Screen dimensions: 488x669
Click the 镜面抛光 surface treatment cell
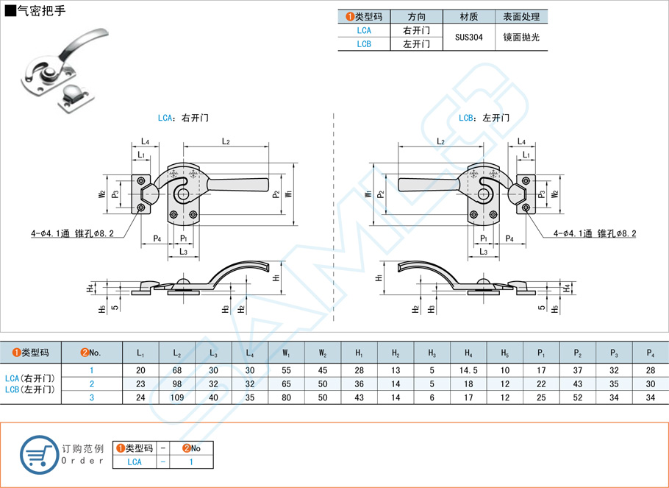pyautogui.click(x=521, y=37)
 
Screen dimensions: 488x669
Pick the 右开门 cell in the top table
pyautogui.click(x=416, y=30)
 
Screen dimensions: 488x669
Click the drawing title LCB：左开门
pyautogui.click(x=484, y=118)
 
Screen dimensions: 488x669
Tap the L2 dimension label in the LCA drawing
pyautogui.click(x=226, y=141)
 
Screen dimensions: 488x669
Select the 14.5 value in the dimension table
pyautogui.click(x=468, y=370)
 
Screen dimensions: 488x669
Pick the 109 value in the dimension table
pyautogui.click(x=177, y=397)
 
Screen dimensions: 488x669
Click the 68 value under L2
pyautogui.click(x=177, y=370)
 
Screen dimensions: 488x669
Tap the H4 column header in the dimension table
pyautogui.click(x=468, y=353)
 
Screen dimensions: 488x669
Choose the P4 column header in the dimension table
pyautogui.click(x=650, y=353)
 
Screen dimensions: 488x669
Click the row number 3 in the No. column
pyautogui.click(x=92, y=397)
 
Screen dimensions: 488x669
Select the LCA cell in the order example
pyautogui.click(x=135, y=462)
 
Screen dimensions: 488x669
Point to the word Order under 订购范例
pyautogui.click(x=83, y=460)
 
